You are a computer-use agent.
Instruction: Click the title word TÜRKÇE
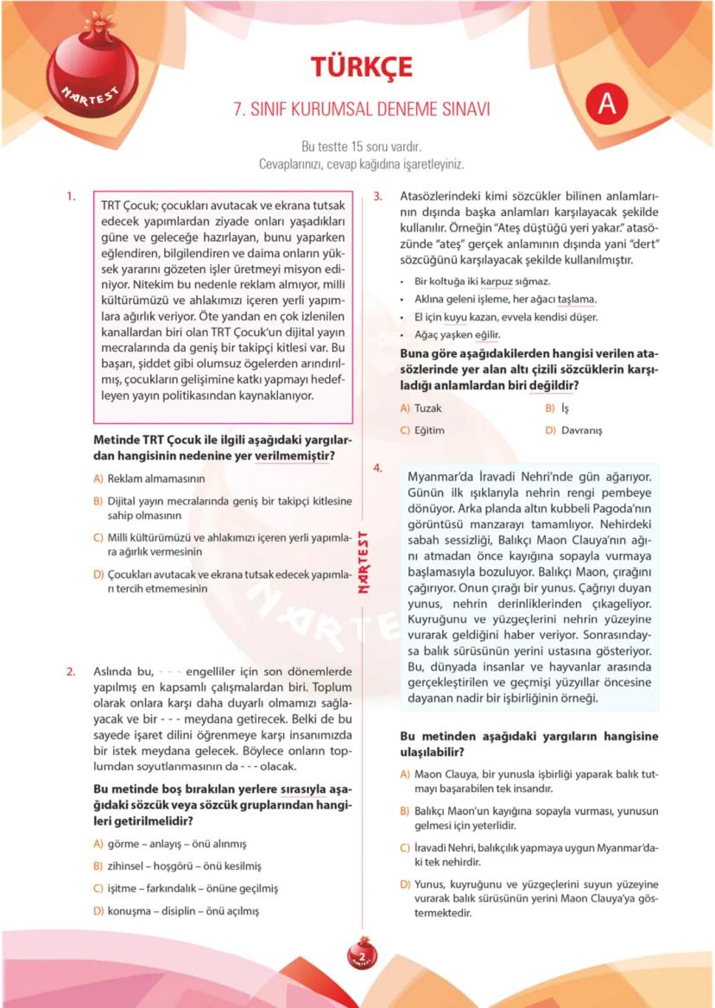pos(362,67)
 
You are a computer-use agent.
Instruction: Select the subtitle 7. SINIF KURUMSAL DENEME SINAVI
pos(362,110)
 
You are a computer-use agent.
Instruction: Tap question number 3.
pos(377,196)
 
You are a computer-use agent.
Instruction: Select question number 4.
pos(377,468)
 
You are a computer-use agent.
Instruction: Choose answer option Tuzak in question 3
pos(427,408)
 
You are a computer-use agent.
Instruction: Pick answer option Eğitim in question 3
pos(429,430)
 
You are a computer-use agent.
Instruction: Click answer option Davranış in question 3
pos(581,430)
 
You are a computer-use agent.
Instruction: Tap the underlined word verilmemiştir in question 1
pos(294,456)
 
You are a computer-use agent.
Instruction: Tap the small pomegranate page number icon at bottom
pos(362,954)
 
